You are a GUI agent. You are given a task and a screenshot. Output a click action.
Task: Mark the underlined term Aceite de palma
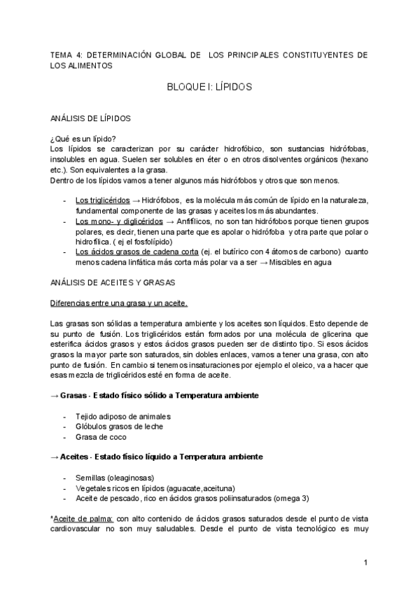coord(84,519)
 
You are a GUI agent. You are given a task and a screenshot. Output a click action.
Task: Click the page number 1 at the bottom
coord(365,562)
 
